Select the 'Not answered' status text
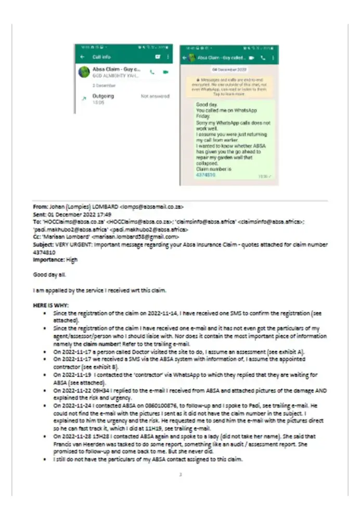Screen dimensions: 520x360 [x=155, y=96]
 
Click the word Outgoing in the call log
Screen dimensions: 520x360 [x=102, y=96]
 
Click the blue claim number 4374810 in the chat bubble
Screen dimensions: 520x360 [x=205, y=176]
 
